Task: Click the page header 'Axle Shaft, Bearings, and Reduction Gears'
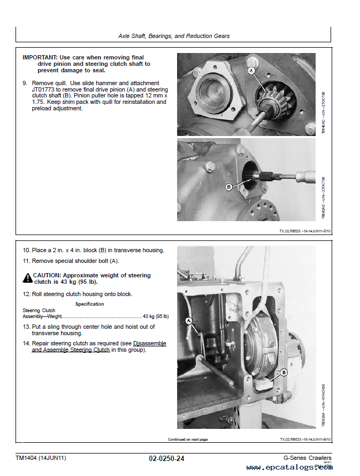point(173,36)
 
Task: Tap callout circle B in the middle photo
point(229,187)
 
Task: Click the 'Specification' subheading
point(89,304)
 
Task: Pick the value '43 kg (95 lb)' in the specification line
point(156,316)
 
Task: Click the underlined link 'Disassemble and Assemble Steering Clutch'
point(99,346)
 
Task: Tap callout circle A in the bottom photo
point(188,320)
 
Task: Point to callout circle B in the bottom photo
point(284,372)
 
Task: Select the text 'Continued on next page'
point(188,439)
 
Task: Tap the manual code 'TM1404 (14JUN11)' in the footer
point(41,458)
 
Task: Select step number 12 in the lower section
point(26,294)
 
